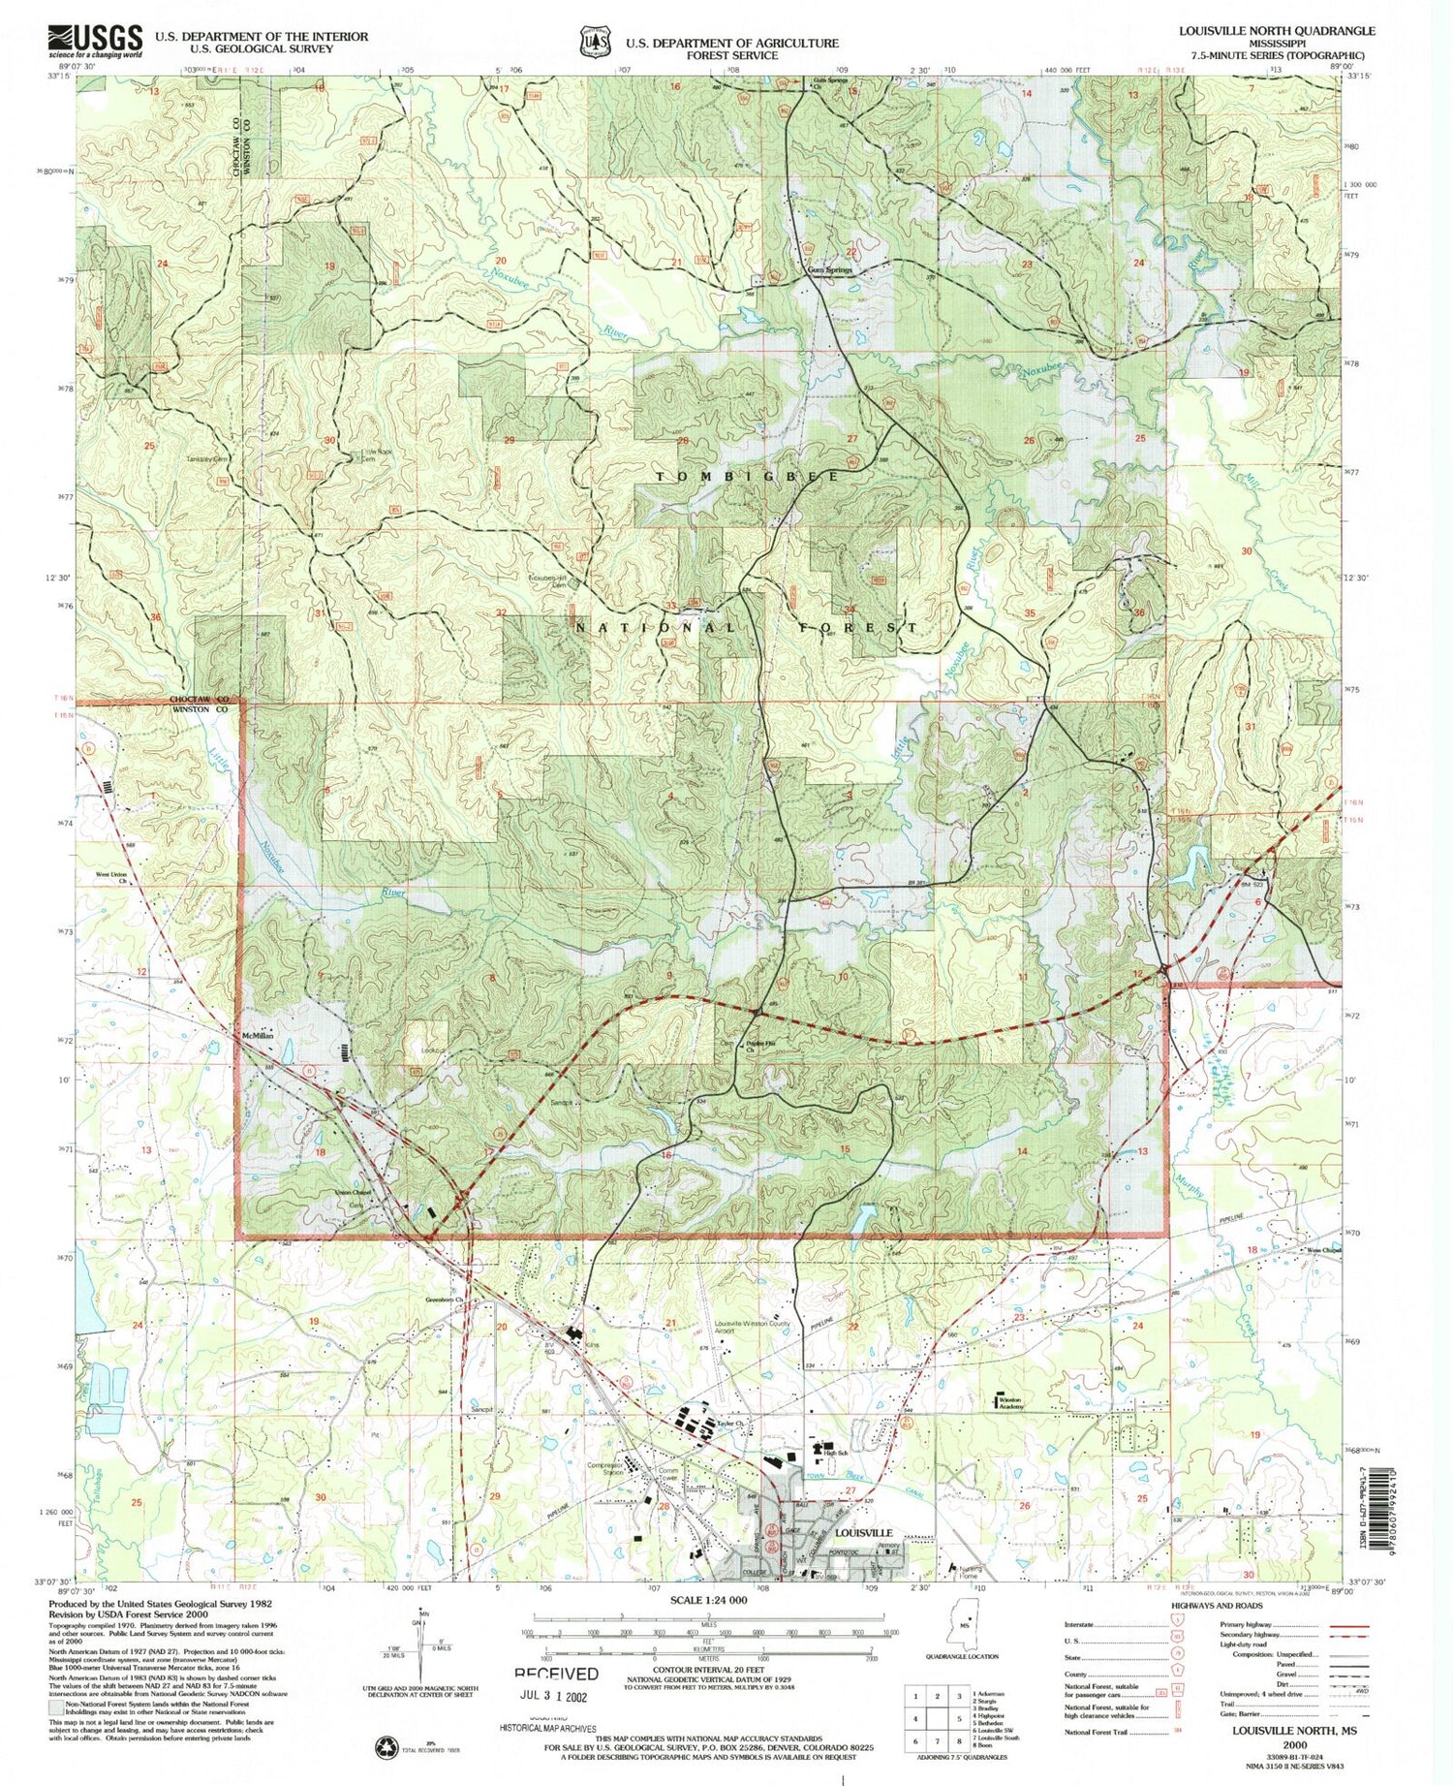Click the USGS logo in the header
(95, 41)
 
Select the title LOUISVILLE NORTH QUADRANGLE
(1276, 30)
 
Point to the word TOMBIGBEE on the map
(748, 477)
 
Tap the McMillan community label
(258, 1036)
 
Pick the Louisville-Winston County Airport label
(753, 1328)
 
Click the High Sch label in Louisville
(835, 1453)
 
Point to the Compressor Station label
(605, 1469)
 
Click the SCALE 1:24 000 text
(708, 1601)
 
